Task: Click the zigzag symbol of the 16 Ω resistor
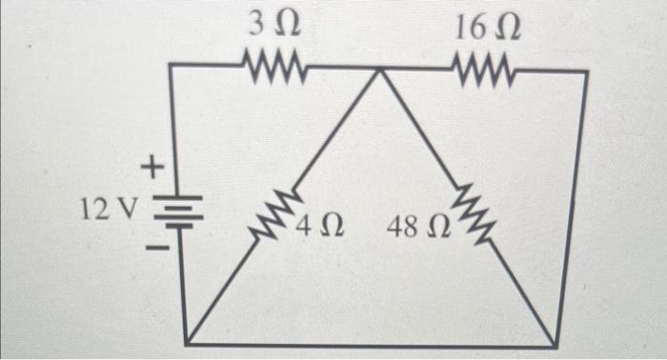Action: coord(487,68)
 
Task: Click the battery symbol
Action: coord(169,210)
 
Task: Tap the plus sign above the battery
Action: coord(150,170)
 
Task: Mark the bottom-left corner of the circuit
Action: coord(188,344)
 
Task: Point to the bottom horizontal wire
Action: coord(372,344)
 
